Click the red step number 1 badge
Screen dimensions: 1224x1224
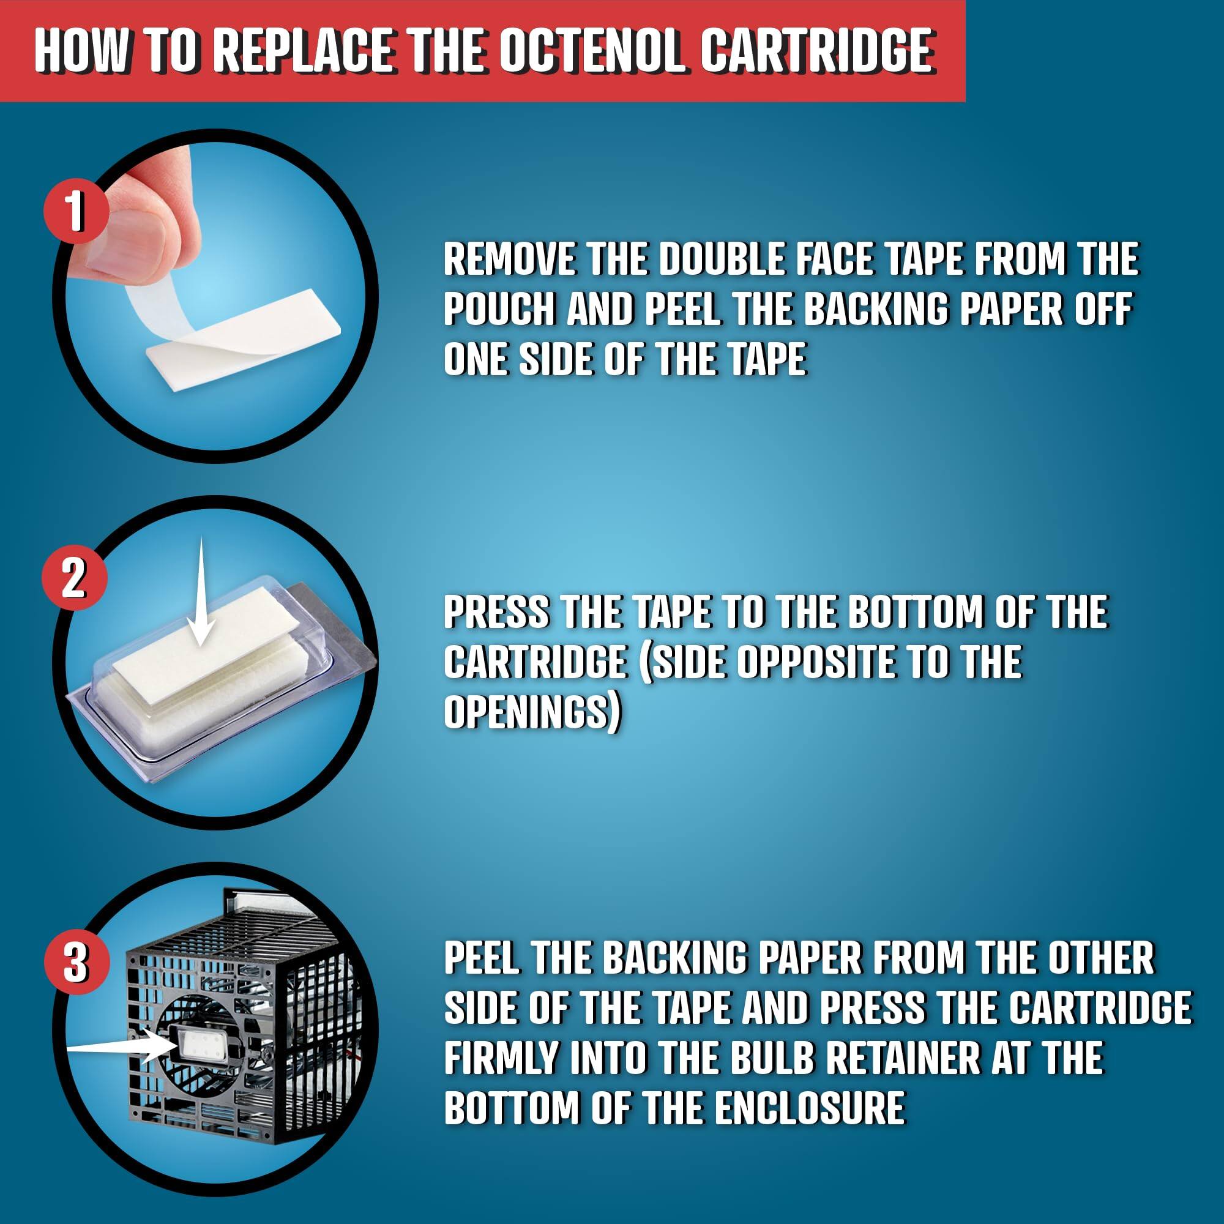75,211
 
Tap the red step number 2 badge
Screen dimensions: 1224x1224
74,577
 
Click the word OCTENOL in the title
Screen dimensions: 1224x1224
592,51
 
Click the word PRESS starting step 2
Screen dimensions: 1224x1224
496,612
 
